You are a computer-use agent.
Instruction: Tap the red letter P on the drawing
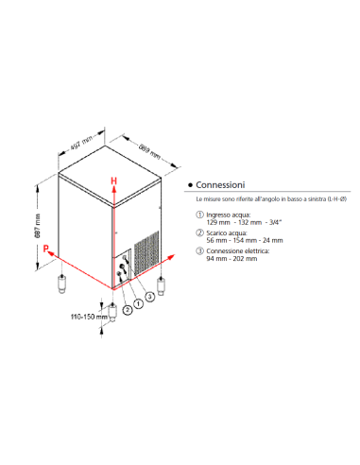point(45,248)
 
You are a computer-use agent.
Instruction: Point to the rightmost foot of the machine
point(162,284)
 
